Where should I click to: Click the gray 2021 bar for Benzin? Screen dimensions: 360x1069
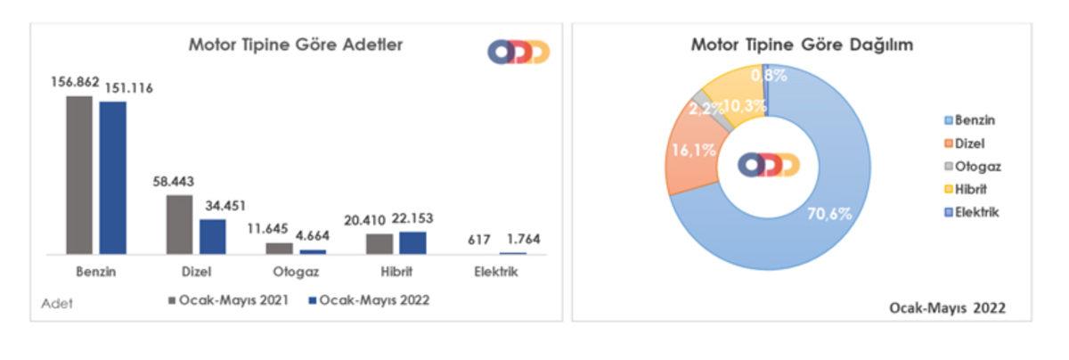tap(79, 175)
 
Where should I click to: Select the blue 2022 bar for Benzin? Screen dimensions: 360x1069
tap(113, 177)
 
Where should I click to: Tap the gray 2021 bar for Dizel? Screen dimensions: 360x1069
tap(179, 225)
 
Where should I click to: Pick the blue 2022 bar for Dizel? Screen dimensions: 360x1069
tap(212, 236)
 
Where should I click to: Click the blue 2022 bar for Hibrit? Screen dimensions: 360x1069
tap(412, 242)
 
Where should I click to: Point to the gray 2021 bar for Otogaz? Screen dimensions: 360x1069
tap(279, 249)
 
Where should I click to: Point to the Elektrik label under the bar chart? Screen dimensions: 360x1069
tap(495, 272)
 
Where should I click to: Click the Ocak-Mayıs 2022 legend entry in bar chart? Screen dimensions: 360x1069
tap(369, 300)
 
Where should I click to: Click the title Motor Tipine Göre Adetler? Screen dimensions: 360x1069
tap(295, 45)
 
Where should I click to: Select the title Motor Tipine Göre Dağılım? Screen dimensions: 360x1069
tap(803, 45)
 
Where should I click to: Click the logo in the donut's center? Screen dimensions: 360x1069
tap(768, 165)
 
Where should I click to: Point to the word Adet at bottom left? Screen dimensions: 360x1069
tap(57, 303)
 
